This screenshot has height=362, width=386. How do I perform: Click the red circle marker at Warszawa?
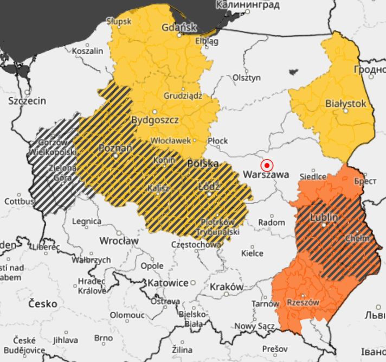267,166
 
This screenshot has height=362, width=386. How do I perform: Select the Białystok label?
345,103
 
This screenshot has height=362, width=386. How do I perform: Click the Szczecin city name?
27,101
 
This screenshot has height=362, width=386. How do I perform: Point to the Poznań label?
115,148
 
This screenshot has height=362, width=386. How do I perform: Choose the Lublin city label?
324,217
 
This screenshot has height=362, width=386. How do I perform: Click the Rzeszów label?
303,302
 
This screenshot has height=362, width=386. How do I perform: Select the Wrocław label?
119,240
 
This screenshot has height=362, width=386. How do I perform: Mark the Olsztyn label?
247,78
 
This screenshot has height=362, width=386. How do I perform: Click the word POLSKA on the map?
203,163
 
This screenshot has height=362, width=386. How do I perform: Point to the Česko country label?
43,304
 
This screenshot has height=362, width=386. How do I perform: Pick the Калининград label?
248,5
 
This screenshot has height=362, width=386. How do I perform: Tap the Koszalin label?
87,51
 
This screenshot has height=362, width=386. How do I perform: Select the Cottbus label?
19,201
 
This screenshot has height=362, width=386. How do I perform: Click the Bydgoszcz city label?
156,120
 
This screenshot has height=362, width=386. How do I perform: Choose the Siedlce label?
313,176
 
